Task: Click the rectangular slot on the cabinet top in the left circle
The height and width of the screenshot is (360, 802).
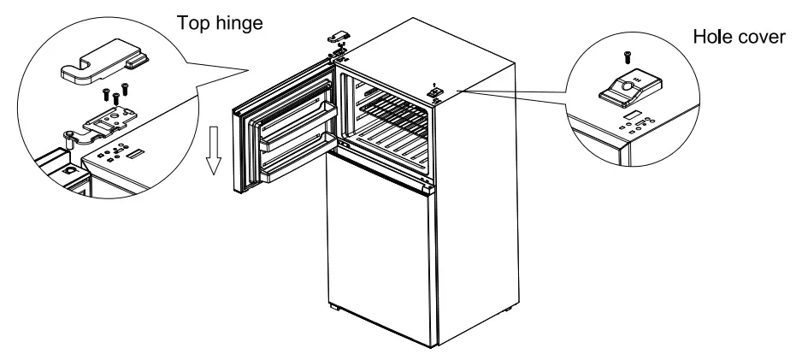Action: coord(138,156)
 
